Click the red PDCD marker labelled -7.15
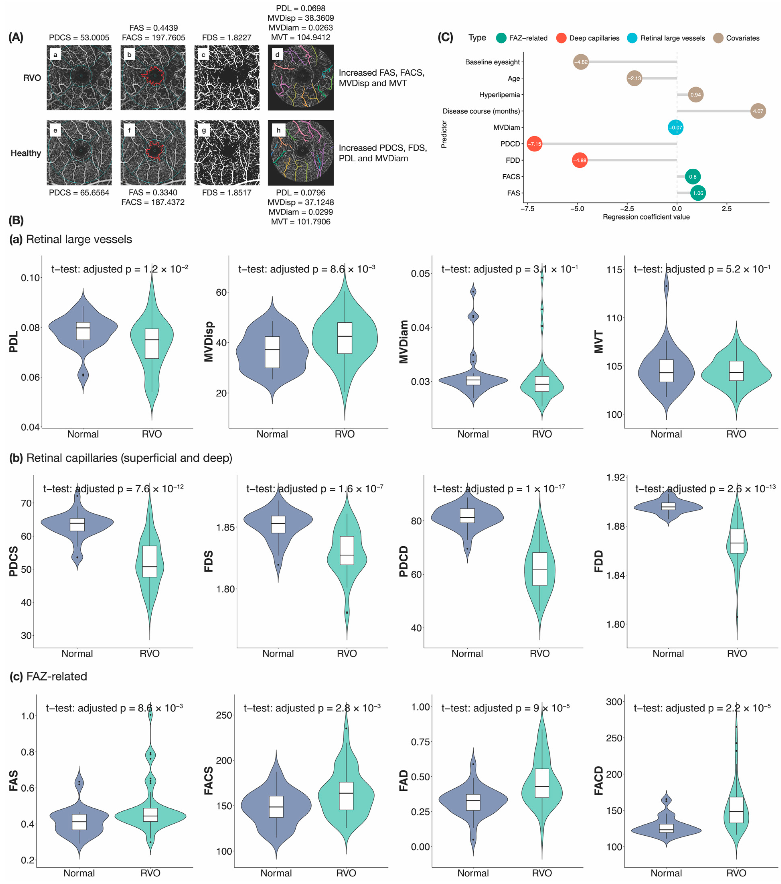pyautogui.click(x=535, y=144)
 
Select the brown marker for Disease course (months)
pyautogui.click(x=758, y=111)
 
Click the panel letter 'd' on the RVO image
pyautogui.click(x=277, y=55)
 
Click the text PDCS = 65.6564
pyautogui.click(x=79, y=192)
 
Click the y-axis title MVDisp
pyautogui.click(x=209, y=342)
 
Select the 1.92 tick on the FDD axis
pyautogui.click(x=615, y=477)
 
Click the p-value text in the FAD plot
pyautogui.click(x=505, y=708)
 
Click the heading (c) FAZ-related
pyautogui.click(x=49, y=676)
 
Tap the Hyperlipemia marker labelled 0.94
pyautogui.click(x=695, y=95)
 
